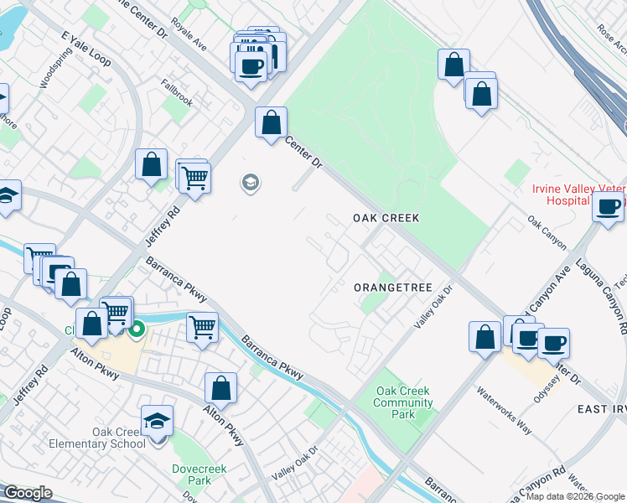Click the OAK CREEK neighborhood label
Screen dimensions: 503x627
(x=385, y=217)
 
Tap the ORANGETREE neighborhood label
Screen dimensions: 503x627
(x=392, y=288)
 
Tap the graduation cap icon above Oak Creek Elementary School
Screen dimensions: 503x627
(x=157, y=421)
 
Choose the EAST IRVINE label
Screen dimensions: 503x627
(x=601, y=408)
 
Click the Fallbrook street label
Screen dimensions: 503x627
(x=177, y=94)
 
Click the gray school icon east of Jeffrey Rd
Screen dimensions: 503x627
(x=249, y=182)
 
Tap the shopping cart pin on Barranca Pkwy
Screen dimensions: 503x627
(x=202, y=325)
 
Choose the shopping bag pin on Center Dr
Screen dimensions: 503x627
(x=271, y=122)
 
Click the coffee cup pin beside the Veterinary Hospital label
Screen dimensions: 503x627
(x=609, y=206)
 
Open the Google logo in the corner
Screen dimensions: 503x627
(x=28, y=492)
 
